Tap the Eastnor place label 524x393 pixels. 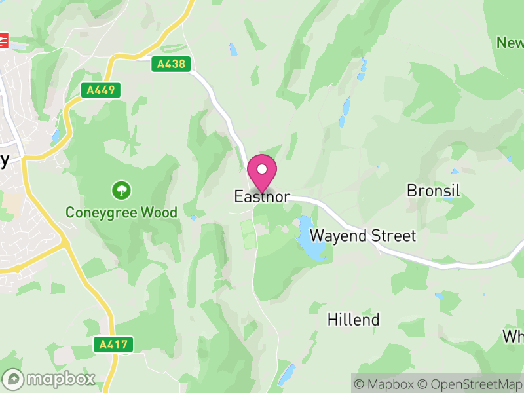coord(262,196)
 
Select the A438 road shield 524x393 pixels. coord(172,64)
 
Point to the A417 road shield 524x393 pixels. coord(113,344)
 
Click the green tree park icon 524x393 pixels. coord(121,191)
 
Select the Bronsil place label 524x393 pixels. coord(434,191)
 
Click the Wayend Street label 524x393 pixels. coord(363,235)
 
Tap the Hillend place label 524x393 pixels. coord(353,320)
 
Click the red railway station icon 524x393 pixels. coord(3,41)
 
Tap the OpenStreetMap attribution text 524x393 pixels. coord(470,384)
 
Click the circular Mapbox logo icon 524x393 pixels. coord(14,379)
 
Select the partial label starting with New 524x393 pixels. coord(510,43)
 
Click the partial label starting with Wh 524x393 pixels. coord(513,336)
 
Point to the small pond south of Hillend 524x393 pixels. coord(286,375)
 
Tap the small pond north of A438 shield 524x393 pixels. coord(233,48)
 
